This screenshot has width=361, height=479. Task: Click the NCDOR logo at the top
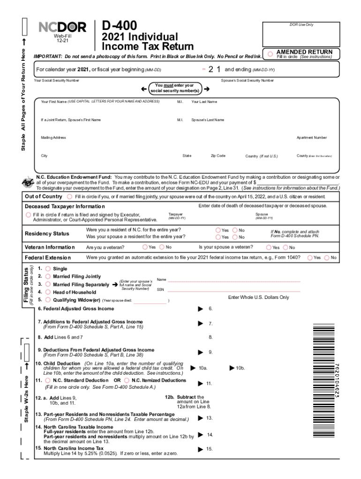click(x=62, y=28)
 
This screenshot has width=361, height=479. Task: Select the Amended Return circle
click(x=270, y=54)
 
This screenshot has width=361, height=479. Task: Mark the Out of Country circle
click(x=70, y=196)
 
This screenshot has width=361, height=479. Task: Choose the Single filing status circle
click(x=48, y=269)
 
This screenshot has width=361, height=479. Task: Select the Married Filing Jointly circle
click(x=48, y=276)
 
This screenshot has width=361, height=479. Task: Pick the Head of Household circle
click(x=48, y=292)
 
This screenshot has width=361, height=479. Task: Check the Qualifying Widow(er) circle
click(x=48, y=300)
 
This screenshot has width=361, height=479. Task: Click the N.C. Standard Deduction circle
click(x=48, y=380)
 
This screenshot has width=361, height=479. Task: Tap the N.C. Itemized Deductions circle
click(x=127, y=380)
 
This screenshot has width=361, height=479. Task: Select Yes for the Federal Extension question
click(x=309, y=257)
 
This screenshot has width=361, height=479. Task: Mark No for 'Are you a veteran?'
click(x=162, y=247)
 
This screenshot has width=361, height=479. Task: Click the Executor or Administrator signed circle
click(x=28, y=215)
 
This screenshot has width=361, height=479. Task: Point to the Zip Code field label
click(x=218, y=156)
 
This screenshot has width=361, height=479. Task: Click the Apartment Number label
click(x=311, y=138)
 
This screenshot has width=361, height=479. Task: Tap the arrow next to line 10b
click(x=232, y=368)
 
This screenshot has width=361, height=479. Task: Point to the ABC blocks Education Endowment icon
click(x=26, y=182)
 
